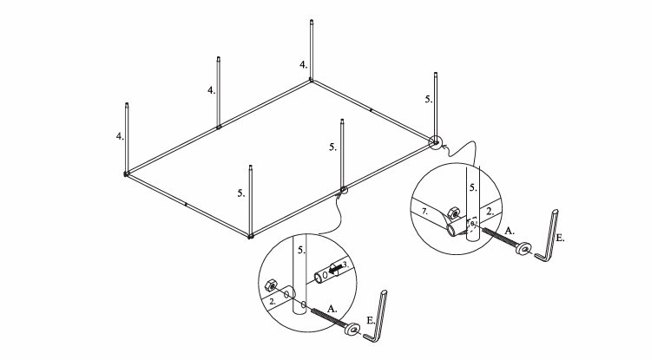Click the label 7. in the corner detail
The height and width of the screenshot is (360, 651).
pos(424,212)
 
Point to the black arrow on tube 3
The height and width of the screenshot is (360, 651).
pos(336,269)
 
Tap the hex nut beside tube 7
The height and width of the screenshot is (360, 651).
pos(454,213)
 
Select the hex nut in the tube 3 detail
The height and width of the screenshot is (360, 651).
pos(270,285)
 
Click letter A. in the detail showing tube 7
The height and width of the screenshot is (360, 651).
pos(510,231)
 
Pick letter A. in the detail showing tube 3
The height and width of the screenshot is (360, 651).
pos(332,309)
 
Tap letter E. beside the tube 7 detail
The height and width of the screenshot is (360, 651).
pos(560,238)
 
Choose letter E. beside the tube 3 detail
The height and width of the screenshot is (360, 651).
pos(372,320)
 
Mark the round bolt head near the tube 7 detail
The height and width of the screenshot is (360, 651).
pos(524,248)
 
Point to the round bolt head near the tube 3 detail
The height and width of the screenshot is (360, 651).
pos(352,330)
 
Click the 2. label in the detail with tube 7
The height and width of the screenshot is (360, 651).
pos(490,211)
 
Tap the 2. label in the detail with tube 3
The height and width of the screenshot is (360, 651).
pos(273,302)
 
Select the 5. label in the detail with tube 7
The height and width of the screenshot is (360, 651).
pos(473,187)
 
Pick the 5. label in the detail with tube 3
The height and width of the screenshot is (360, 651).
pos(302,251)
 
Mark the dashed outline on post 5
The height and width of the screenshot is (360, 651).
pos(471,226)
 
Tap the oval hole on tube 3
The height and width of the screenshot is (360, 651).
pos(325,274)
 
